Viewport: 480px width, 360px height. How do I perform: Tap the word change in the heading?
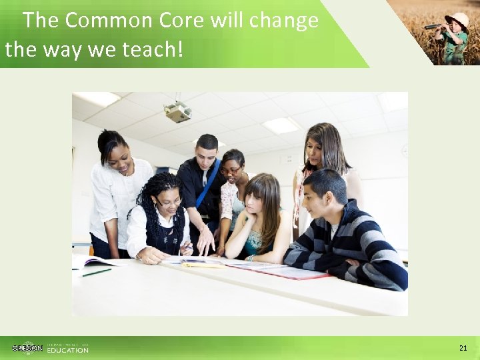click(x=284, y=21)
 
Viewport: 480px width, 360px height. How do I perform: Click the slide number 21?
click(x=463, y=348)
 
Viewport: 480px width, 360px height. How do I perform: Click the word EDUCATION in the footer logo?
click(x=67, y=350)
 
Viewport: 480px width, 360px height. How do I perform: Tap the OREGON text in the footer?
click(x=27, y=348)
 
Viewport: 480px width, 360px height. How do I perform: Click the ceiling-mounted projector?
click(x=178, y=112)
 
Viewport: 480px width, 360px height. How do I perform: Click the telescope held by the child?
click(x=434, y=27)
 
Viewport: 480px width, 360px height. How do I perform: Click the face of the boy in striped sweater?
click(x=325, y=196)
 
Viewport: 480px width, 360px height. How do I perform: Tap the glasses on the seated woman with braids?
click(x=168, y=203)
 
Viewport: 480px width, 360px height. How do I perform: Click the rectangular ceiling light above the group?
click(x=281, y=125)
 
